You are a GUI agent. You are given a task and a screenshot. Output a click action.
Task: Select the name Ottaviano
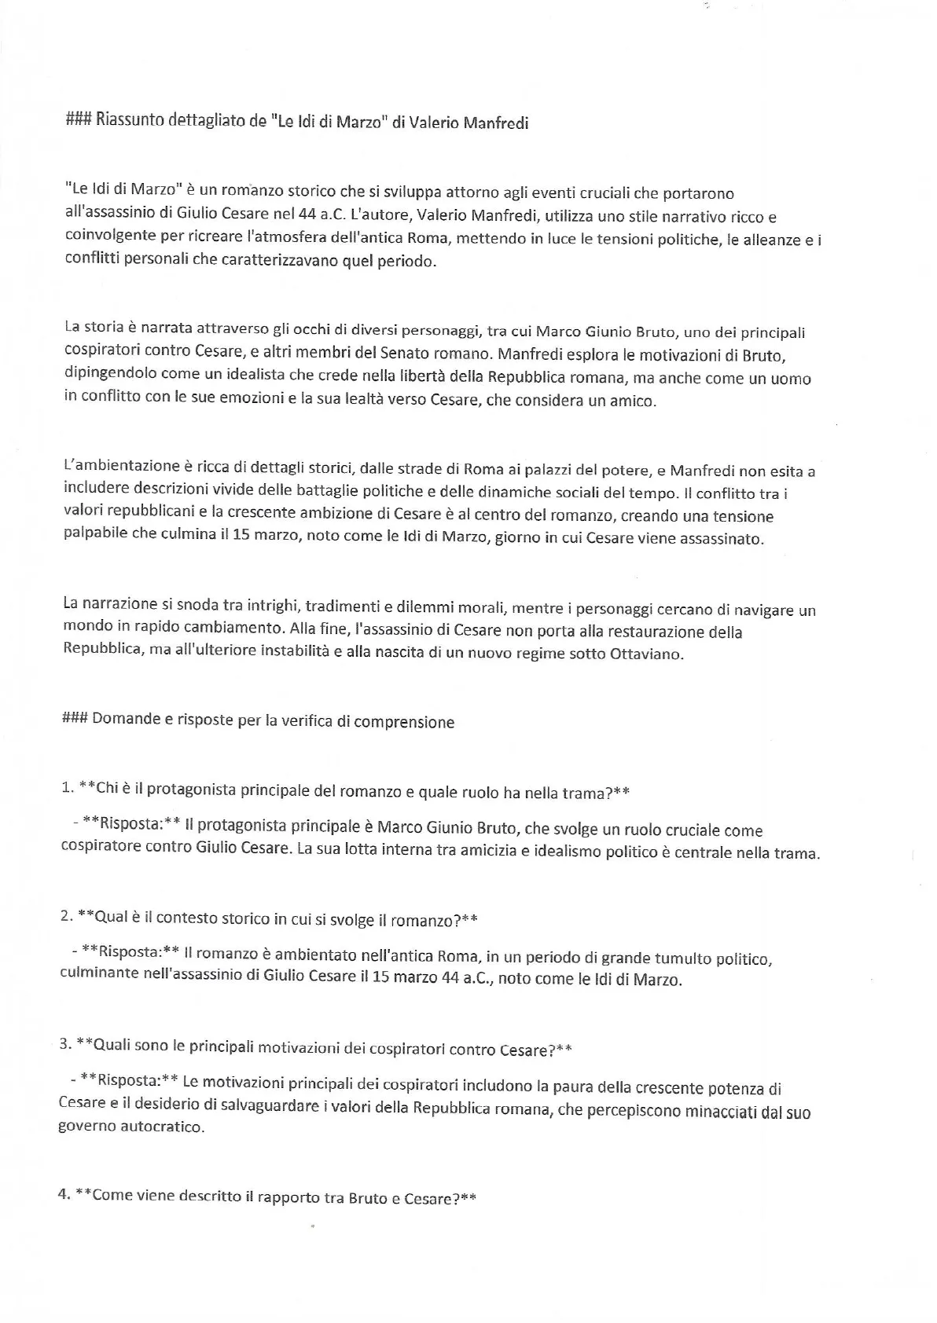coord(646,654)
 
